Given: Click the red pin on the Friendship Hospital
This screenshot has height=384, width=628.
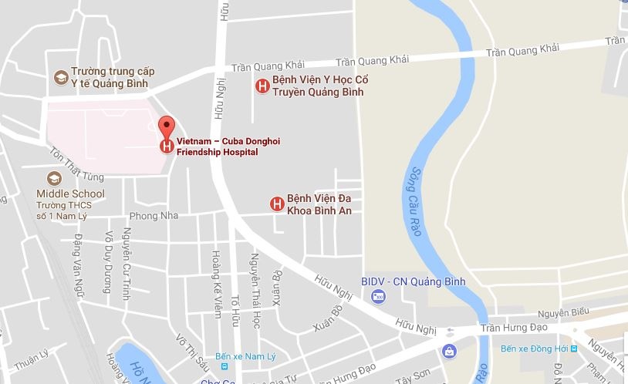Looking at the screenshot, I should click(x=166, y=126).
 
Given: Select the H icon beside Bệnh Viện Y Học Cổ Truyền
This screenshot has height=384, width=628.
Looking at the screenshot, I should click(x=262, y=86).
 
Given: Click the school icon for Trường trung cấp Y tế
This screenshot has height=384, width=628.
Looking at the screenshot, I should click(x=60, y=77).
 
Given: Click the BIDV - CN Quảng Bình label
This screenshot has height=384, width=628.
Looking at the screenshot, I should click(x=413, y=281).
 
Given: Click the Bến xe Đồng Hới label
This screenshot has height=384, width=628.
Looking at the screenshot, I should click(x=533, y=349).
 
